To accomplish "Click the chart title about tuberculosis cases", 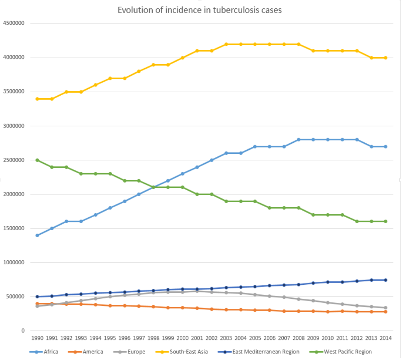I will pyautogui.click(x=199, y=10).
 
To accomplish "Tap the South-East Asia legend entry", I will pyautogui.click(x=188, y=351).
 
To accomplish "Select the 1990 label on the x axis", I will pyautogui.click(x=38, y=338).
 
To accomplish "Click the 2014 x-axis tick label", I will pyautogui.click(x=386, y=338).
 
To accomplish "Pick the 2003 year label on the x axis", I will pyautogui.click(x=226, y=338).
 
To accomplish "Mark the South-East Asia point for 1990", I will pyautogui.click(x=38, y=99).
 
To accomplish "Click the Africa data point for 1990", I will pyautogui.click(x=38, y=235).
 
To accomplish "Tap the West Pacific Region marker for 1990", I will pyautogui.click(x=38, y=160).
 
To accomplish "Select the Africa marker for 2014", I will pyautogui.click(x=386, y=146).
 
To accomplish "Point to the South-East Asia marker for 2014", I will pyautogui.click(x=386, y=58).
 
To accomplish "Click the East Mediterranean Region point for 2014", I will pyautogui.click(x=386, y=280).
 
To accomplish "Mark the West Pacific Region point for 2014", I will pyautogui.click(x=386, y=222).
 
